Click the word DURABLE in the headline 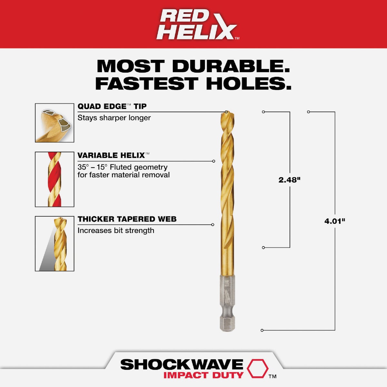[x=231, y=66]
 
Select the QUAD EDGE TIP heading [x=112, y=106]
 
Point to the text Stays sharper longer [x=114, y=118]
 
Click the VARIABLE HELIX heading [x=111, y=155]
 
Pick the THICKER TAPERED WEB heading [x=127, y=219]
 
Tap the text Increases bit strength [x=115, y=231]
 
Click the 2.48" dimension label [x=289, y=180]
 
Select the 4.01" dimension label [x=335, y=221]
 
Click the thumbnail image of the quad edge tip [x=55, y=123]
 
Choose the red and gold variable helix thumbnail [x=55, y=179]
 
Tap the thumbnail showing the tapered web [x=55, y=243]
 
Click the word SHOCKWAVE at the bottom [x=182, y=365]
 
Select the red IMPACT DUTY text [x=203, y=375]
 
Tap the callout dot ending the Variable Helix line [x=213, y=161]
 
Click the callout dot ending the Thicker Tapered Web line [x=213, y=225]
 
